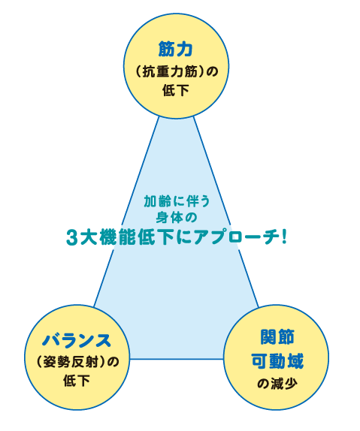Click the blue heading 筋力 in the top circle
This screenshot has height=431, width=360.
click(175, 50)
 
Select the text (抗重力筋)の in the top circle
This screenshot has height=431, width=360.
click(177, 71)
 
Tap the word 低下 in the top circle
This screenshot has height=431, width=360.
click(176, 90)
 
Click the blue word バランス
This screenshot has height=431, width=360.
click(77, 340)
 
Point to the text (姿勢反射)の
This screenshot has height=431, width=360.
click(77, 362)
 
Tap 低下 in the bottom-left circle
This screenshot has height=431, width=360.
click(77, 381)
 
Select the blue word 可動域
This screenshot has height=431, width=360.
click(277, 360)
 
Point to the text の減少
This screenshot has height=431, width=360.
click(277, 384)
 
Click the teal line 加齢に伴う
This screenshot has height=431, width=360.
click(177, 201)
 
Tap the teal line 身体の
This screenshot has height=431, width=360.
click(177, 218)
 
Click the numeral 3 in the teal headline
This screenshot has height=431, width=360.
click(71, 237)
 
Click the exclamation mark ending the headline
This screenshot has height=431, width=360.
click(284, 237)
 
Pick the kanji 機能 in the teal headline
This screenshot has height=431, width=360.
click(117, 237)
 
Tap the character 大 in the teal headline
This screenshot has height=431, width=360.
click(87, 237)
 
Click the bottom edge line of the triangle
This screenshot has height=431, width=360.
click(177, 359)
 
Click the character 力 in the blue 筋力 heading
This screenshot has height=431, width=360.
click(184, 50)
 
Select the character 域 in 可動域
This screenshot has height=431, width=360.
click(295, 360)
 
